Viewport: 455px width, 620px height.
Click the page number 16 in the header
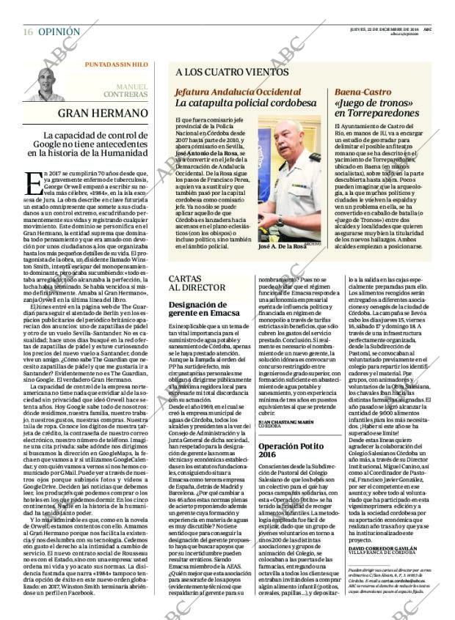tap(27, 12)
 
